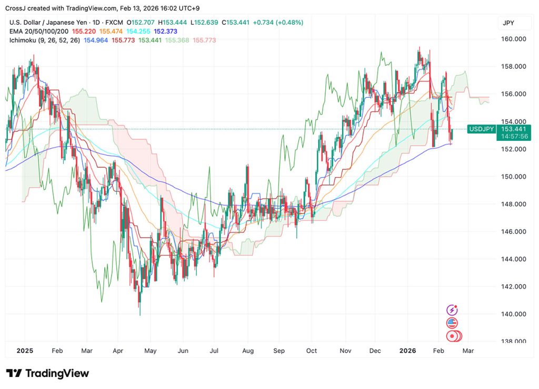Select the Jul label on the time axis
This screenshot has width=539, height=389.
[215, 350]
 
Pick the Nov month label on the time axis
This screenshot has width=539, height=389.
[345, 350]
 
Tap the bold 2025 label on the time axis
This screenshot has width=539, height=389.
[25, 350]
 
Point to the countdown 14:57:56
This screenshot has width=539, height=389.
[515, 136]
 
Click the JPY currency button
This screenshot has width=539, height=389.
[508, 23]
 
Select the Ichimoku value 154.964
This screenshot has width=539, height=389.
[97, 40]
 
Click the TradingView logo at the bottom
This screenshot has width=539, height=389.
[47, 373]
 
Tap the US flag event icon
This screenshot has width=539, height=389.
[452, 323]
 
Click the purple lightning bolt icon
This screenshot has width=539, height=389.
[452, 311]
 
